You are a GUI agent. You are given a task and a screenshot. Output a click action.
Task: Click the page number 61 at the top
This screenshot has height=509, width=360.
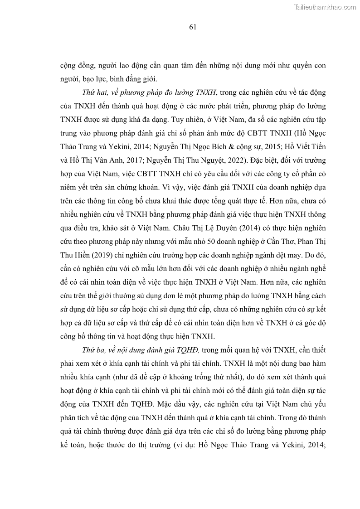point(192,28)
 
